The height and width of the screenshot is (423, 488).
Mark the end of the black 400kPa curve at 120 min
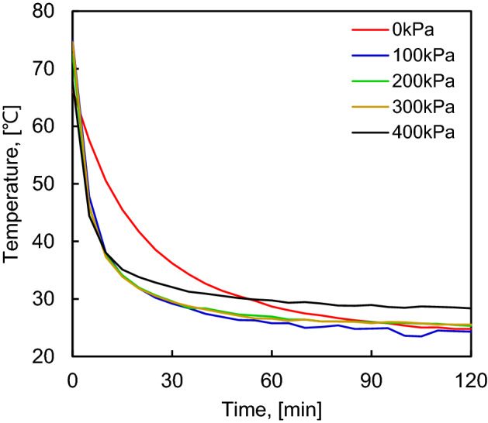470,308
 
